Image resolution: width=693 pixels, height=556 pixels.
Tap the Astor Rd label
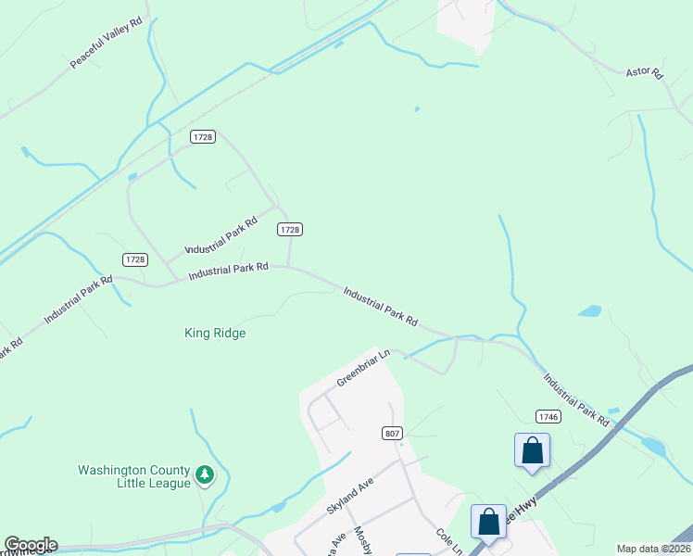pos(645,72)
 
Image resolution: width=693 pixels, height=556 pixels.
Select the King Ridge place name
pos(215,333)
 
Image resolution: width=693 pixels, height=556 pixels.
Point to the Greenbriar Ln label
pos(363,367)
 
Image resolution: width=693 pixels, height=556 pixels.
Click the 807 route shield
pos(391,433)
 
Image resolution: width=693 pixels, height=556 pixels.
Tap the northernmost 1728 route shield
pos(203,136)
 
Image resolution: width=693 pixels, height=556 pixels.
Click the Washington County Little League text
pos(134,476)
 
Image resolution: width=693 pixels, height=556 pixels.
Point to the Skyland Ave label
pos(348,498)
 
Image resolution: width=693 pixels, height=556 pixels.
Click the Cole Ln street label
pos(450,541)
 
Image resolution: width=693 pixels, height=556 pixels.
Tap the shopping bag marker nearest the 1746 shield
pos(532,451)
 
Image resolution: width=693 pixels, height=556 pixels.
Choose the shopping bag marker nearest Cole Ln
pos(488,522)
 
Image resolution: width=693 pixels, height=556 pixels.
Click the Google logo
pos(30,545)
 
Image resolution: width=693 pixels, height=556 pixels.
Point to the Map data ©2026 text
pos(652,549)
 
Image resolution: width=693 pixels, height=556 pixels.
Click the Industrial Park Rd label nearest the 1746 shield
pos(576,399)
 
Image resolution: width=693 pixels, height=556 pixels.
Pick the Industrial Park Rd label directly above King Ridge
pos(228,271)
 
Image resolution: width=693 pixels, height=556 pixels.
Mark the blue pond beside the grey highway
pos(652,447)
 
